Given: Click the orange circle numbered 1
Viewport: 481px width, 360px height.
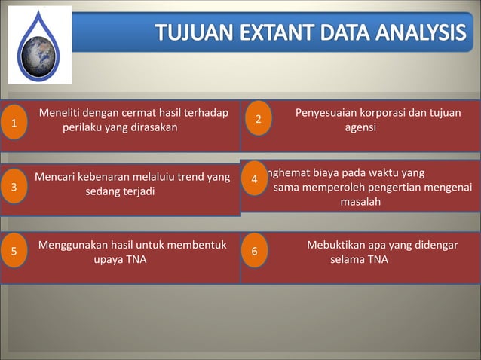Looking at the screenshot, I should point(14,124).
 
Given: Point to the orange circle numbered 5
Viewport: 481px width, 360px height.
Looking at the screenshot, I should point(14,252).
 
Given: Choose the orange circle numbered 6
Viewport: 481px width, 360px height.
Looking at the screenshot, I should point(254,252).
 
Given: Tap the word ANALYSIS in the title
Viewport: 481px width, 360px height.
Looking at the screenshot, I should point(420,34).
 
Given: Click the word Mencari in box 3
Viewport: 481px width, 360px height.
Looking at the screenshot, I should point(56,178).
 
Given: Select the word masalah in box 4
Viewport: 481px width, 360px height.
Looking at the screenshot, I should point(360,202).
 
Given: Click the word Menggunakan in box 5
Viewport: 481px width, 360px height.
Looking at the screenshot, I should point(73,245).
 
